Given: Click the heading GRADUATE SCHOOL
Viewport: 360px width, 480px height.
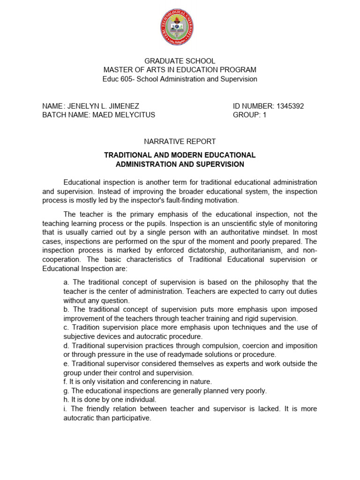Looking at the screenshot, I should [180, 61].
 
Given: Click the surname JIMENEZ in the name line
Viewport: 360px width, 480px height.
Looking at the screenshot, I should [124, 106].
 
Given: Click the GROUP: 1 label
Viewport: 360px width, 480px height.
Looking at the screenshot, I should [249, 115].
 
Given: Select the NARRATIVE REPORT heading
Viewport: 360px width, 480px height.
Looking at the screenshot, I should [180, 141].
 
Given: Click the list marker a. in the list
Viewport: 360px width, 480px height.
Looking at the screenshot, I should [66, 282].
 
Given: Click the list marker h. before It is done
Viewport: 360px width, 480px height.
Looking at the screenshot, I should [66, 400].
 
